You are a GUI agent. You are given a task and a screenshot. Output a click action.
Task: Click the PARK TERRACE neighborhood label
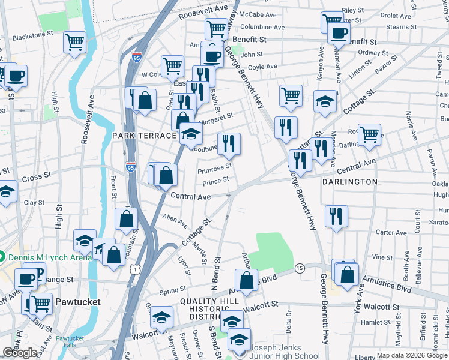pyautogui.click(x=144, y=136)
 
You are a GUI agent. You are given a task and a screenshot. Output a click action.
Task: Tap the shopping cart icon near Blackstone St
pyautogui.click(x=75, y=42)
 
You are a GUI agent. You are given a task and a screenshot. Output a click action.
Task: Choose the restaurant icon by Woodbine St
pyautogui.click(x=229, y=143)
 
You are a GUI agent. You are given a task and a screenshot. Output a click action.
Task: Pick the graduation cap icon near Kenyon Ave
pyautogui.click(x=325, y=100)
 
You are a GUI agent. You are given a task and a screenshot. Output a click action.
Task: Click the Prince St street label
pyautogui.click(x=216, y=180)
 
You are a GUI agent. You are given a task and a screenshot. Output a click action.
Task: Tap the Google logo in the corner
pyautogui.click(x=20, y=353)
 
